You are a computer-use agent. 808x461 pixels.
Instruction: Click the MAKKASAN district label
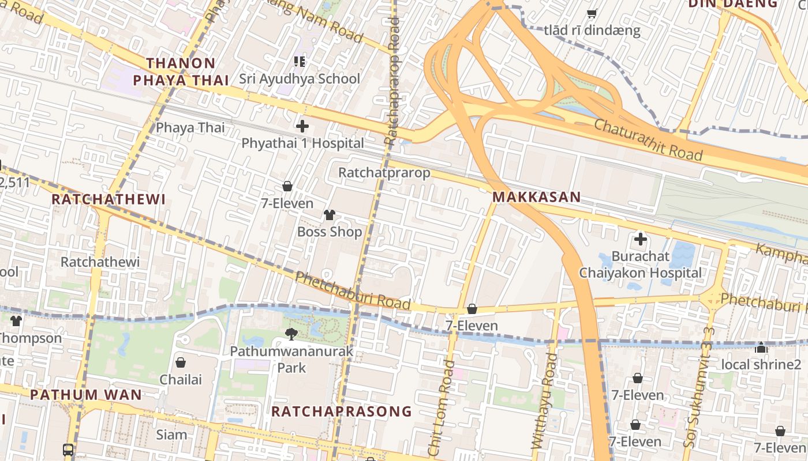click(536, 197)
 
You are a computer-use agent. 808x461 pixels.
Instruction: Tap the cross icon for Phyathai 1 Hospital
click(302, 126)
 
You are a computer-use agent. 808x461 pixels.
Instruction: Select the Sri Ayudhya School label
click(300, 79)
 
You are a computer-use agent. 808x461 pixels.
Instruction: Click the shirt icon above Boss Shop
click(329, 215)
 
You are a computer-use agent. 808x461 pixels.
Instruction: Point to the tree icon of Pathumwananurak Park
click(292, 334)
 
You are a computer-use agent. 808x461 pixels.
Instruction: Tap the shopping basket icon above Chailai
click(181, 362)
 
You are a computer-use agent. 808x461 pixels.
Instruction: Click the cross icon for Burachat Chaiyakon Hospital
click(640, 239)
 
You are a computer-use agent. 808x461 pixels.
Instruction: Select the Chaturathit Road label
click(648, 140)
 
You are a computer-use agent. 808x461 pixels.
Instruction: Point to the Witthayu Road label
click(544, 401)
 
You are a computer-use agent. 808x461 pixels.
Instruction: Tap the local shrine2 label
click(761, 364)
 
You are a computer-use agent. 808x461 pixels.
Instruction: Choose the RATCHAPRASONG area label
click(342, 411)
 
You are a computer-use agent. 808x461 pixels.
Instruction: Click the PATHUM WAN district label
click(85, 395)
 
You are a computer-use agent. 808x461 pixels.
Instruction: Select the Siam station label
click(171, 434)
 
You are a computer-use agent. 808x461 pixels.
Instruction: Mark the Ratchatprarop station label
click(384, 172)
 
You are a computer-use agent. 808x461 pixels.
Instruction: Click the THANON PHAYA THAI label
click(181, 71)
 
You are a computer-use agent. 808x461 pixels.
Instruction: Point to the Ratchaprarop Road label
click(392, 81)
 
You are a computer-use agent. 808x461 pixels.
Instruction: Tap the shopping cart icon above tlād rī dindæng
click(592, 13)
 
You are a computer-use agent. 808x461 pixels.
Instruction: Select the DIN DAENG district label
click(732, 3)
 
